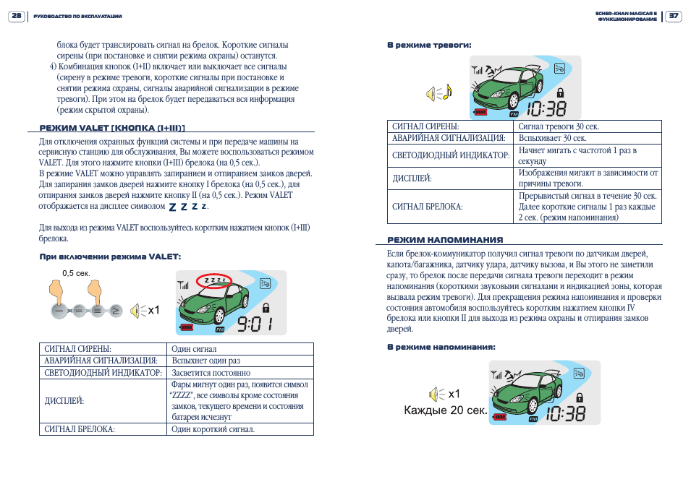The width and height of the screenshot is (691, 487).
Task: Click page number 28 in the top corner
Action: (x=15, y=15)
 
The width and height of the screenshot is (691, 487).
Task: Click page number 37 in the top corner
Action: (x=673, y=15)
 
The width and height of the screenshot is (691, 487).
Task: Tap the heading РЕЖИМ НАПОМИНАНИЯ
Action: (x=445, y=240)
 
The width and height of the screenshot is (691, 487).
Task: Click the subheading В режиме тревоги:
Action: (x=429, y=45)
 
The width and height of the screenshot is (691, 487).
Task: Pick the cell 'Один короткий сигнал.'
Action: (x=213, y=429)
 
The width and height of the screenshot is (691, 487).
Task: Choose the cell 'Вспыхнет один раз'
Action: (x=206, y=361)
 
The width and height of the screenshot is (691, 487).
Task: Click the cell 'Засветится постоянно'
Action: (x=211, y=373)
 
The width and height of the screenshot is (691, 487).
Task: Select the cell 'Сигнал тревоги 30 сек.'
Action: (x=559, y=126)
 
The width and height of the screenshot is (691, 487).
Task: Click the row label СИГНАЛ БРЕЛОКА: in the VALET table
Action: (x=80, y=429)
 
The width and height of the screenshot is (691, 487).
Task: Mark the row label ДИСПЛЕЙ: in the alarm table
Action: (x=412, y=178)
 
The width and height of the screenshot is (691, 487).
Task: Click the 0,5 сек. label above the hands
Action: (x=76, y=273)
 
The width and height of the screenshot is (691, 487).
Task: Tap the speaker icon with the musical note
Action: (x=438, y=93)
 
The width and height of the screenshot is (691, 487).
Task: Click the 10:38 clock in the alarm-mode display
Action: (x=546, y=109)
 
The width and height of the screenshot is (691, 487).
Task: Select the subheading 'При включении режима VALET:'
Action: (x=109, y=257)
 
